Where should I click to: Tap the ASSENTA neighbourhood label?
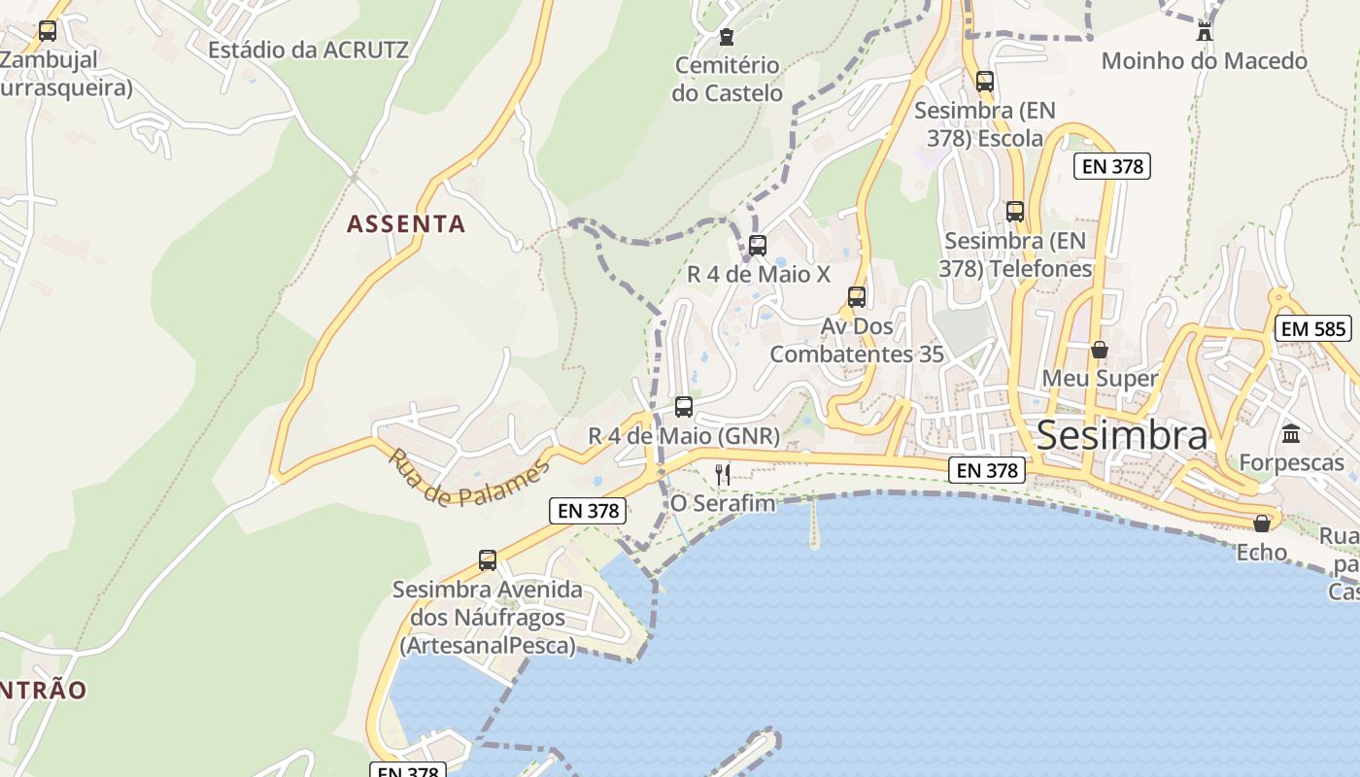coord(407,224)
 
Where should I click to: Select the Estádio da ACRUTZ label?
coord(308,49)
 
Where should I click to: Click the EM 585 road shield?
coord(1314,328)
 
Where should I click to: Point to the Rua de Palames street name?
coord(468,477)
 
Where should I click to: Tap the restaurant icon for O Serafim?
coord(722,474)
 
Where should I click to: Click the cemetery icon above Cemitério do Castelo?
coord(726,38)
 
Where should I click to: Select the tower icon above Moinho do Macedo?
coord(1205,30)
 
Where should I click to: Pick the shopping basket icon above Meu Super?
coord(1100,349)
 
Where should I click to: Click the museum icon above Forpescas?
coord(1291,433)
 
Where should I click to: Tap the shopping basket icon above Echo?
coord(1262,524)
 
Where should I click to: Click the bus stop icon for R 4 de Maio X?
coord(758,245)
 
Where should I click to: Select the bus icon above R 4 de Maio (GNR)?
coord(684,406)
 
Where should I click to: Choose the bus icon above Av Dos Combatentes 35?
coord(856,296)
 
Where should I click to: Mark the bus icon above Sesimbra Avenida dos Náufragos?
coord(488,559)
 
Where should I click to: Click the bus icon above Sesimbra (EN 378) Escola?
coord(985,81)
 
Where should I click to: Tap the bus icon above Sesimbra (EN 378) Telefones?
coord(1015,211)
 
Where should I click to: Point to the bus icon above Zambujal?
coord(47,30)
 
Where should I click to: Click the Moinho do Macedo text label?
coord(1204,61)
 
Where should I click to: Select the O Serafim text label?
coord(723,503)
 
